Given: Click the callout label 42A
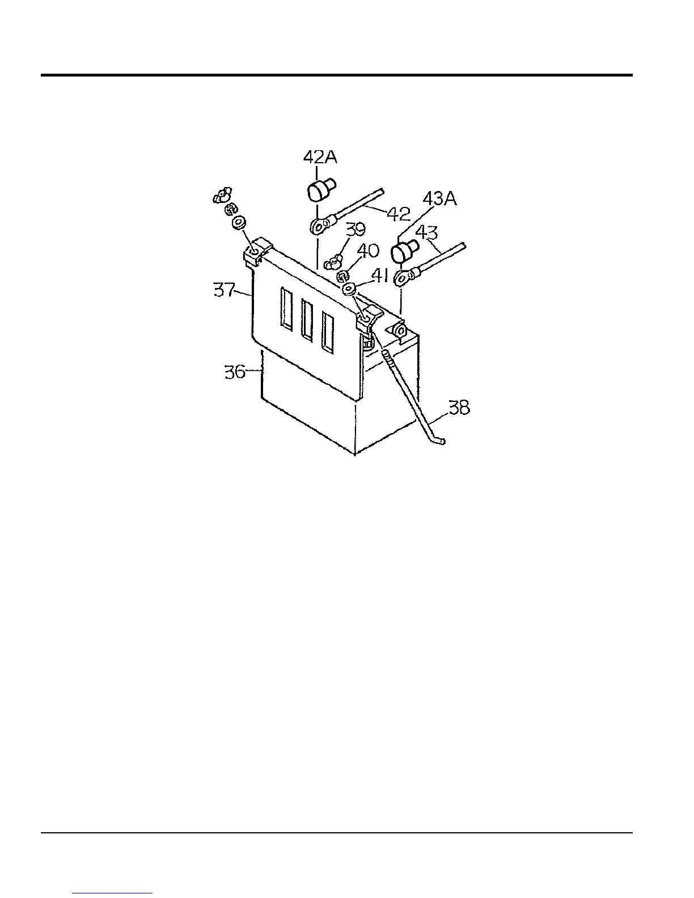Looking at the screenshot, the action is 320,157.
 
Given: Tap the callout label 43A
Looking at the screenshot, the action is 439,200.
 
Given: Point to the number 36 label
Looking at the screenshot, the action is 235,372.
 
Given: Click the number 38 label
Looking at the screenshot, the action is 459,407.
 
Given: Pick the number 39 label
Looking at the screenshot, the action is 356,230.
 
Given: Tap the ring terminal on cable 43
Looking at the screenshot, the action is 404,278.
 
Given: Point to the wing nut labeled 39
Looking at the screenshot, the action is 333,261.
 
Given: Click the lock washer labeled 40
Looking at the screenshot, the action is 342,276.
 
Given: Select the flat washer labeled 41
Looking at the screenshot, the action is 349,289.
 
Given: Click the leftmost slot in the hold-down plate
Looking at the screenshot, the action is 286,307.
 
